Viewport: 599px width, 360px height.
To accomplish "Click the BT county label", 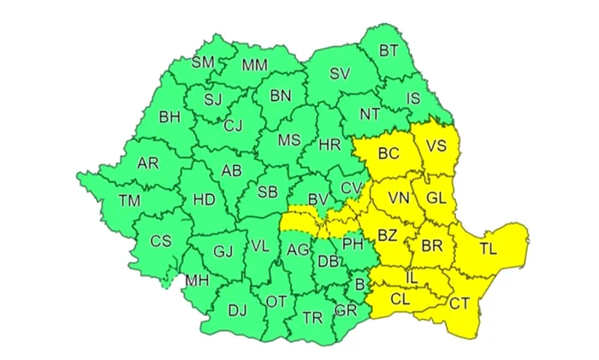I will tap(388, 51).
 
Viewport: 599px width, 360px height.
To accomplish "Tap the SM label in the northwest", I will tap(203, 62).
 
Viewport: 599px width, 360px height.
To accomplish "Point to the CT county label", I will tap(460, 302).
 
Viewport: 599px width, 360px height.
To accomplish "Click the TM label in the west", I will tap(129, 201).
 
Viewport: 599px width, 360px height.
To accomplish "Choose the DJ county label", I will tap(237, 311).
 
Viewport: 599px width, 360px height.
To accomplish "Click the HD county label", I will tap(205, 200).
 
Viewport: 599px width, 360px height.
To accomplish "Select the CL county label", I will tap(400, 299).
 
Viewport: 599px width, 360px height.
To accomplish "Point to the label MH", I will tap(197, 280).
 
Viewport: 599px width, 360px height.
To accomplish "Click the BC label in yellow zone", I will tap(388, 154).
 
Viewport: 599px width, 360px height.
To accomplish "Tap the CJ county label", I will tap(233, 127).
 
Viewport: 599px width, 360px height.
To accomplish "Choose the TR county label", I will tap(312, 318).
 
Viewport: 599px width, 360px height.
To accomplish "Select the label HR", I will tap(329, 145).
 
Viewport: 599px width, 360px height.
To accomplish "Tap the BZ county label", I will tap(388, 234).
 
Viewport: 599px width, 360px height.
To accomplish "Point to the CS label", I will tap(161, 241).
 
